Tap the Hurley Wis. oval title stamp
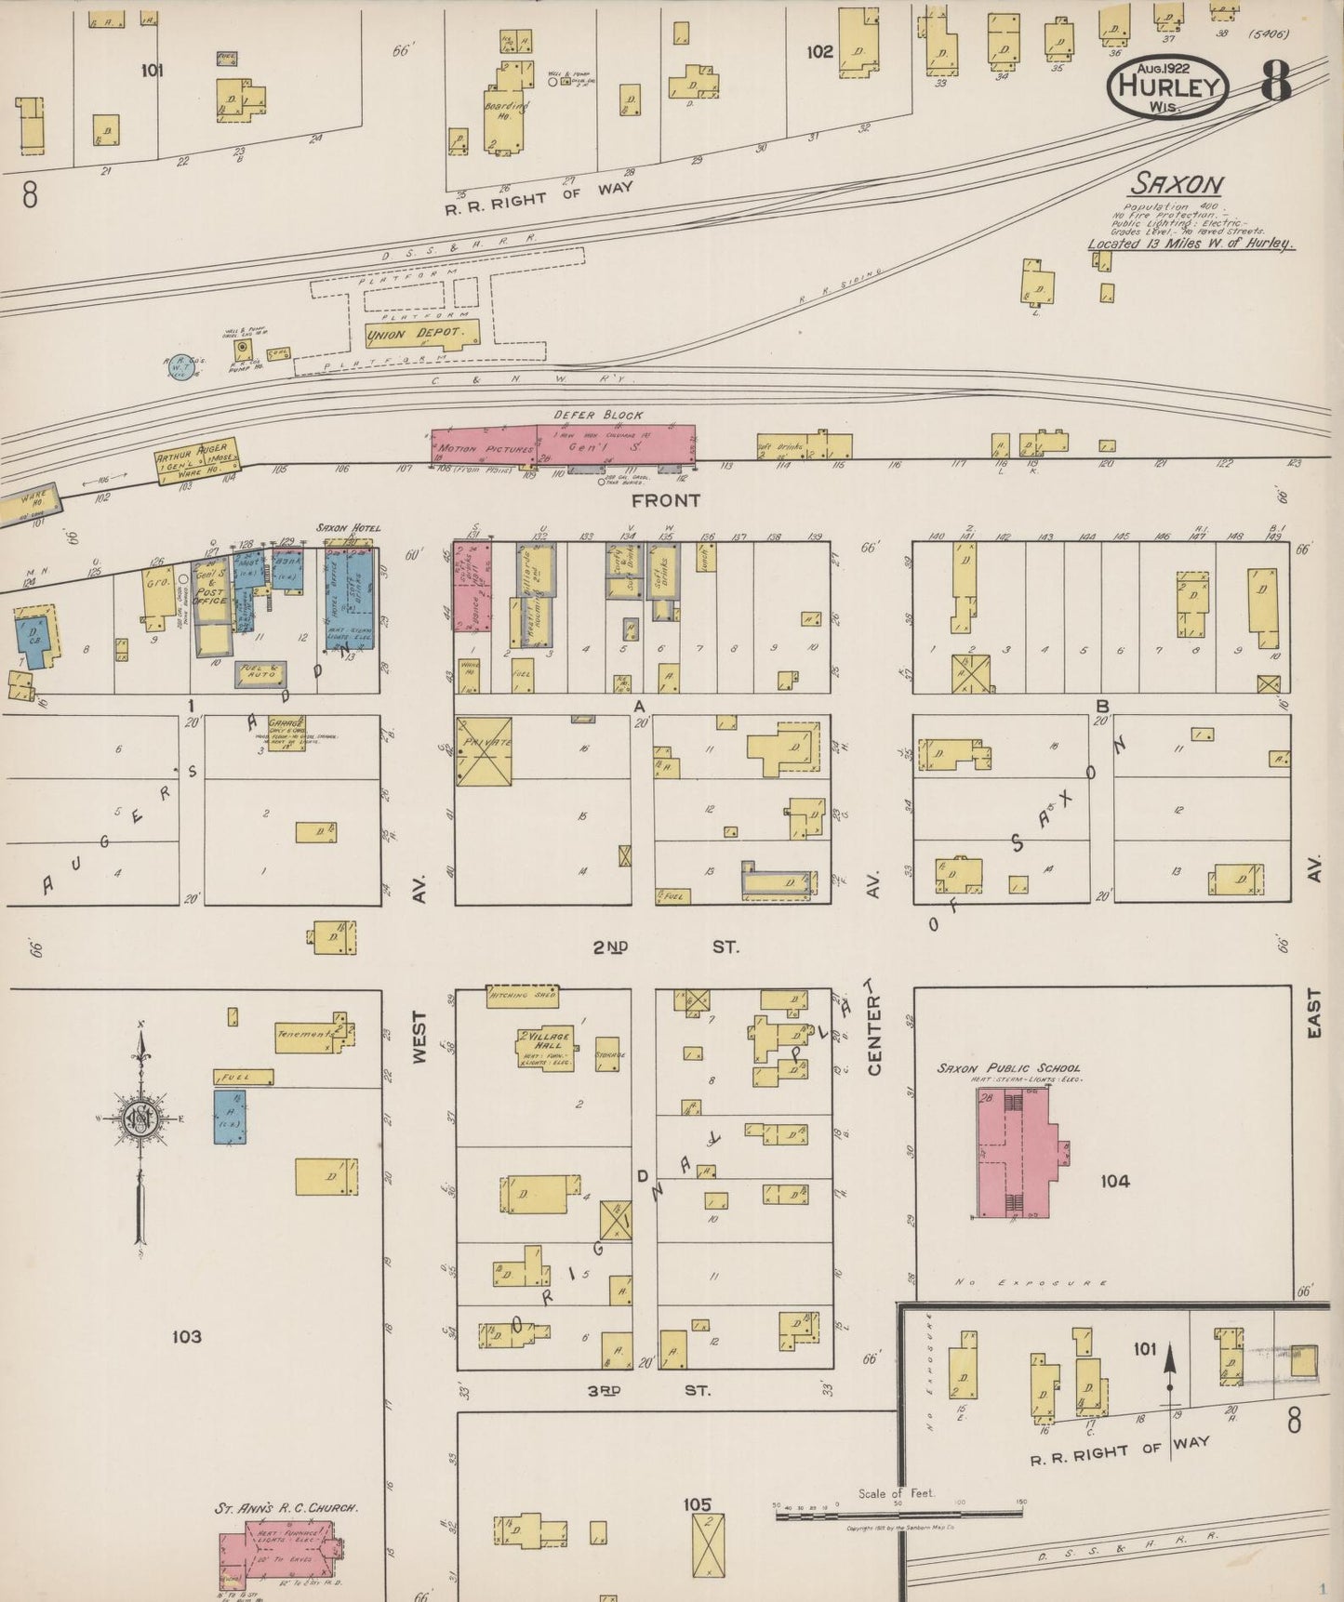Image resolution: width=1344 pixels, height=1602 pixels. [x=1168, y=86]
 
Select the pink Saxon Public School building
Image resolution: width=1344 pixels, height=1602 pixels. [x=1014, y=1153]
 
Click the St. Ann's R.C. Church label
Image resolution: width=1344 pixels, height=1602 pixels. [x=286, y=1508]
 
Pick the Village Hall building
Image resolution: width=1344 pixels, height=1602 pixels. [x=544, y=1047]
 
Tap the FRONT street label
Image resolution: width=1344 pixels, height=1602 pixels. [x=665, y=500]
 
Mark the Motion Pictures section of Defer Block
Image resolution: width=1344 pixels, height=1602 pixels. [x=484, y=448]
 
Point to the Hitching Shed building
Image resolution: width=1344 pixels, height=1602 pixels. [x=523, y=996]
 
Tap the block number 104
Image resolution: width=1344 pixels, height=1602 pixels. [x=1114, y=1181]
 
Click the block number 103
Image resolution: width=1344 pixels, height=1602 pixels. [x=186, y=1336]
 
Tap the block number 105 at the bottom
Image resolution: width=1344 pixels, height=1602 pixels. [x=697, y=1503]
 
